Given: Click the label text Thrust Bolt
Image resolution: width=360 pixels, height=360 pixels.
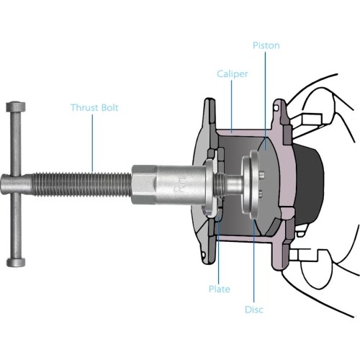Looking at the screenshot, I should click(x=94, y=108).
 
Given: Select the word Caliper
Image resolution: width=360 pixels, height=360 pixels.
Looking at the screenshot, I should click(x=233, y=74).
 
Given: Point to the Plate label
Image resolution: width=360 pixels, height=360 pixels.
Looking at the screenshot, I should click(x=220, y=289).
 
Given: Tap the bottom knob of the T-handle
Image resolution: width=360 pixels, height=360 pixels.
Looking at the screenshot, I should click(x=15, y=260).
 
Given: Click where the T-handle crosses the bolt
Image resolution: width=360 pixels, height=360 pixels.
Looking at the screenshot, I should click(x=16, y=183).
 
